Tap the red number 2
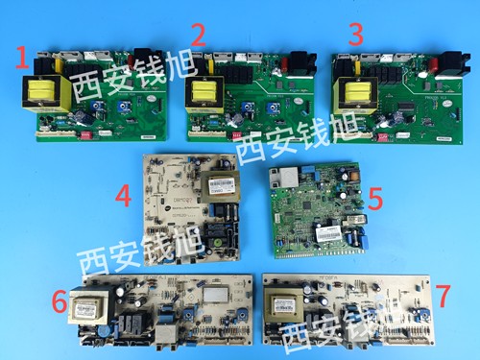[x=198, y=36]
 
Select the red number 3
[x=356, y=37]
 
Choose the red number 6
[x=60, y=305]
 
